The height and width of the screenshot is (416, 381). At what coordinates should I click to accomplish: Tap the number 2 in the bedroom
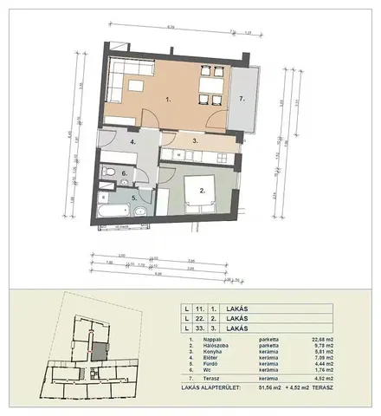[x=202, y=188]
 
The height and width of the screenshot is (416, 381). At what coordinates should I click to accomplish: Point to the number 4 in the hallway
[x=132, y=140]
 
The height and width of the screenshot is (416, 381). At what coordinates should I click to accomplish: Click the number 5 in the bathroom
[x=133, y=198]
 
